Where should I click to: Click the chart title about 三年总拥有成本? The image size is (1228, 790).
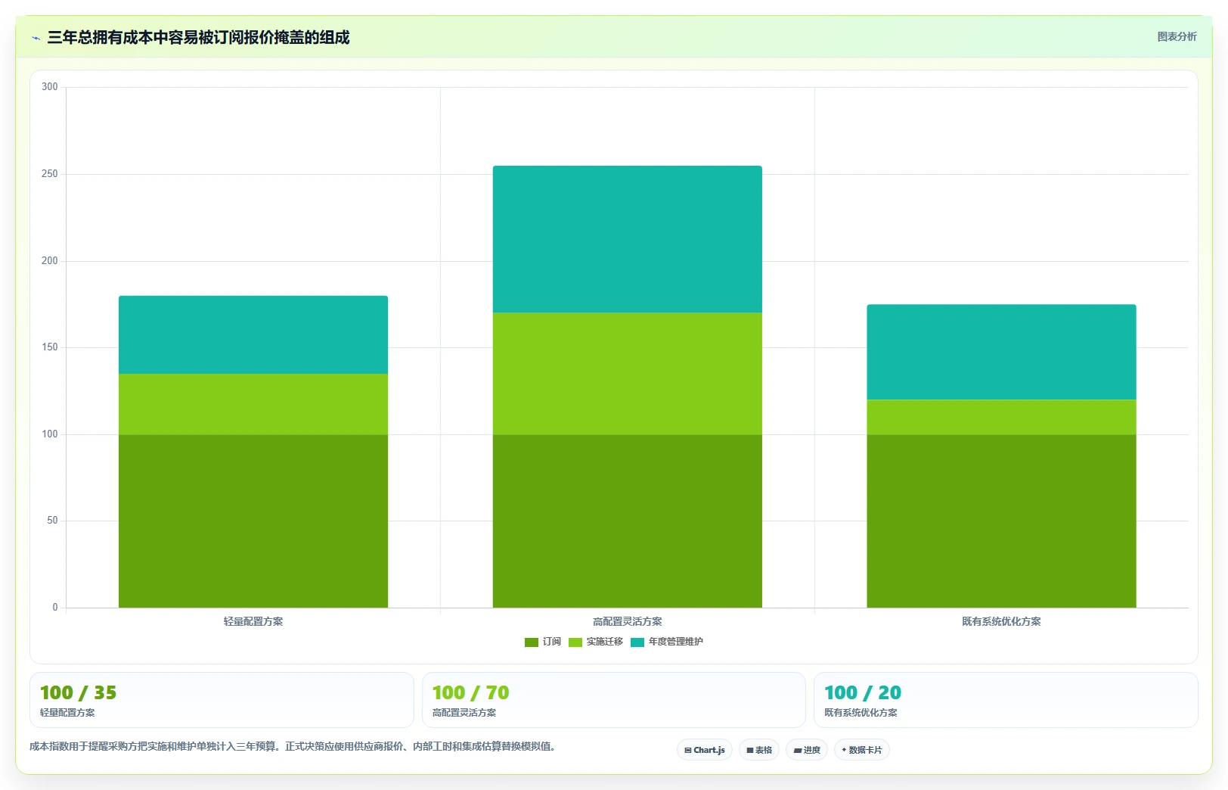198,37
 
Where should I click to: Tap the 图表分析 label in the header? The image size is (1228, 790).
1177,37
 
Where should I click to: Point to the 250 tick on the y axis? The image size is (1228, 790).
49,174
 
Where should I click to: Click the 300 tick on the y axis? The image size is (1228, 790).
49,87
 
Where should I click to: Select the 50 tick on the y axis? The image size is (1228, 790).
52,521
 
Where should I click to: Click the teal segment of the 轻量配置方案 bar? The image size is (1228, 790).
253,334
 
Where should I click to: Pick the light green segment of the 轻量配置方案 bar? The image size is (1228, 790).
253,404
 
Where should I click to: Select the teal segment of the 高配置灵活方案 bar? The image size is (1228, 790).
627,239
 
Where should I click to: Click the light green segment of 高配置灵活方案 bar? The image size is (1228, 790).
627,374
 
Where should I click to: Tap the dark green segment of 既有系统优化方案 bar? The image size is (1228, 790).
1001,521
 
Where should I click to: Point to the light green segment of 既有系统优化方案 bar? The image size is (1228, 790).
1001,418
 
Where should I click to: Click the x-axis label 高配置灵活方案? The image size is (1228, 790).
627,621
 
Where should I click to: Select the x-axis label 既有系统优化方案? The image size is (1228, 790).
1001,621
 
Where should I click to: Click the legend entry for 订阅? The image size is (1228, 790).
543,642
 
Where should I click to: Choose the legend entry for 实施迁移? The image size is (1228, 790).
596,642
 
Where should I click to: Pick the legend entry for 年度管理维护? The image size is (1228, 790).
667,642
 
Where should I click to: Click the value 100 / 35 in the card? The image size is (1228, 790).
79,693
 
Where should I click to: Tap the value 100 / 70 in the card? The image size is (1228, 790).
470,693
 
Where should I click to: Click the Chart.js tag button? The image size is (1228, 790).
705,750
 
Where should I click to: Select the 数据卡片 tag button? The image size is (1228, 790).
861,750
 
